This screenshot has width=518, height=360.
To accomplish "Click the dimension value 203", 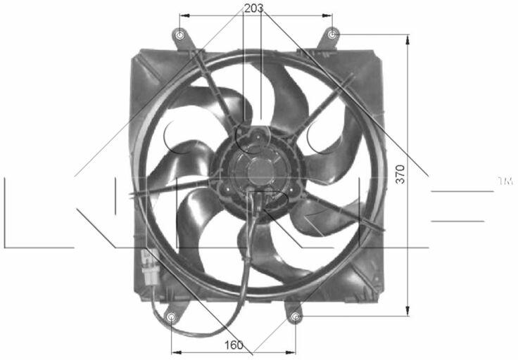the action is coord(253,8).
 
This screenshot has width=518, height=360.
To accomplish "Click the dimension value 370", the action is coord(400,174).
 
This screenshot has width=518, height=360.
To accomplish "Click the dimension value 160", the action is coord(234,345).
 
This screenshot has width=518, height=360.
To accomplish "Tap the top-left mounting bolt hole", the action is coord(179,35).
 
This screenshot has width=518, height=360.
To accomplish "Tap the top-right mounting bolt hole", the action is coord(333,34).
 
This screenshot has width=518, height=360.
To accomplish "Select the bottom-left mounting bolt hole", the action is coord(171,317).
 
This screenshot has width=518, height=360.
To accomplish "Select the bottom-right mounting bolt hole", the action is coord(296,317).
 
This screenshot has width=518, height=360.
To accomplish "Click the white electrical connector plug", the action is coord(150,266).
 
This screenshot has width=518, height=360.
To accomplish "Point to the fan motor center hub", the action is coord(261,170).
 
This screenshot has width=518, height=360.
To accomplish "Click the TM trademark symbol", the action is coord(505,181).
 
